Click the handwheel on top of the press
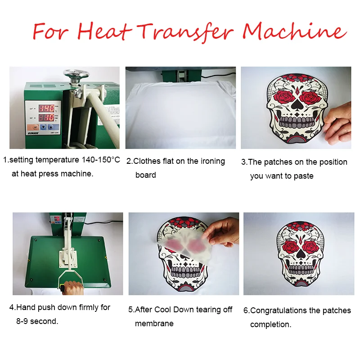point(76,74)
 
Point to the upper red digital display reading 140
point(46,108)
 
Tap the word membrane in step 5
point(154,324)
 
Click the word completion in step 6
point(270,324)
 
